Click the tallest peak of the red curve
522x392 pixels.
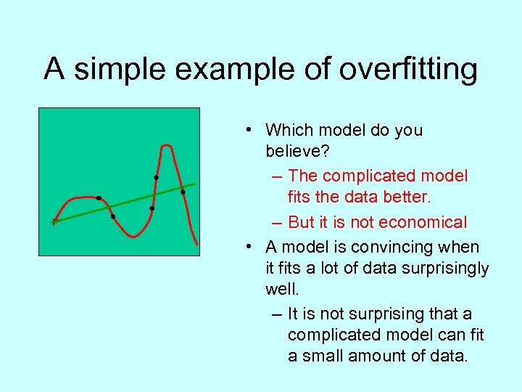click(167, 146)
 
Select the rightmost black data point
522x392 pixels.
click(183, 192)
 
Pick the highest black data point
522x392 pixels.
click(156, 178)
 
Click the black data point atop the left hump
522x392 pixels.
click(99, 198)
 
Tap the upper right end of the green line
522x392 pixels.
click(195, 184)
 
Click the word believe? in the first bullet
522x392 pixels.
click(294, 152)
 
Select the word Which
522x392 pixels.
click(288, 130)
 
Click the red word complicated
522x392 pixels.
click(374, 176)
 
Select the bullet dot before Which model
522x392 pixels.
click(248, 130)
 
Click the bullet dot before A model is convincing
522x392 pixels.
click(248, 246)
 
